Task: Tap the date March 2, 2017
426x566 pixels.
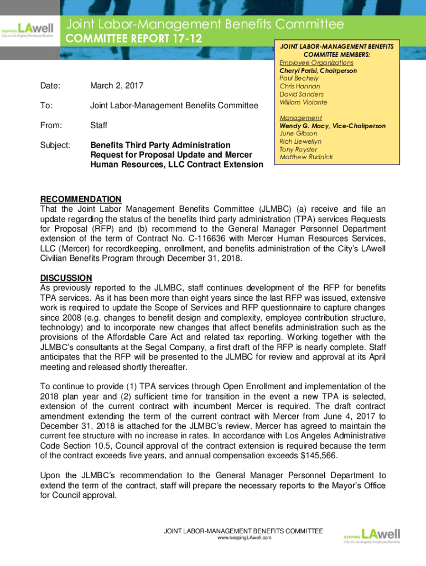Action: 117,86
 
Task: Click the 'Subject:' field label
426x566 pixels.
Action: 55,145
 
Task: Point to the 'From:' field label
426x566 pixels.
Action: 51,125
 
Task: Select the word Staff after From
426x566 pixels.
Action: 98,125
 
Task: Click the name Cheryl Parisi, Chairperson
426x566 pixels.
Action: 318,71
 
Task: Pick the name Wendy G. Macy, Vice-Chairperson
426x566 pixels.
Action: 333,126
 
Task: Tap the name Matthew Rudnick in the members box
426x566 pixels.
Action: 306,158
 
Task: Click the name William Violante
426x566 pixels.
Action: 303,102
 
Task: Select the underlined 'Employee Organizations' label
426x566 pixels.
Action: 313,63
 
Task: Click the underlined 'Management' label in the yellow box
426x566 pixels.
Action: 300,118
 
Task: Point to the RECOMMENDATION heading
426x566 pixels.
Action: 81,199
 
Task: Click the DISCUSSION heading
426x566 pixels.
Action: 66,277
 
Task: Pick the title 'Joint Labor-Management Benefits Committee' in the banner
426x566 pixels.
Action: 205,24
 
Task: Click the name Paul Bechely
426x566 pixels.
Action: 299,78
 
